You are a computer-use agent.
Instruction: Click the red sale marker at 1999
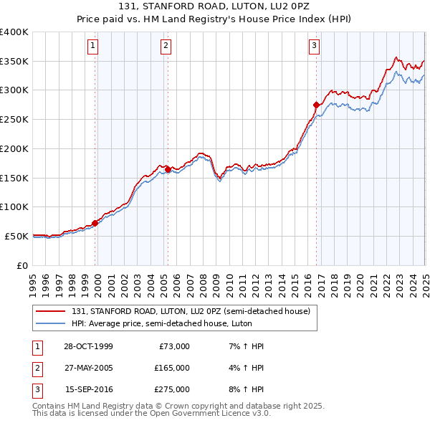(95, 223)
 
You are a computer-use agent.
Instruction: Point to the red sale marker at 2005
(168, 169)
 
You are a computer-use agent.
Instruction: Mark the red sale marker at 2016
(316, 105)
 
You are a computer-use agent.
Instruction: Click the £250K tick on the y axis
(14, 119)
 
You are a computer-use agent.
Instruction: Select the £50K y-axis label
(17, 236)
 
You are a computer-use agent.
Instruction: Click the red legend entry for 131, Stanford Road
(190, 311)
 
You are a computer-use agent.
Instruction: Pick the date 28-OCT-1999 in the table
(88, 346)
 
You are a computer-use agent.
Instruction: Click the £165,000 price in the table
(171, 368)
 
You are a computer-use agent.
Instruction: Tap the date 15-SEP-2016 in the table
(89, 389)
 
